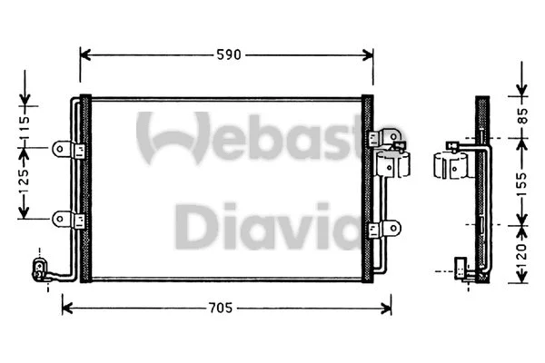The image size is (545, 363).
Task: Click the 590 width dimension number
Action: point(227,54)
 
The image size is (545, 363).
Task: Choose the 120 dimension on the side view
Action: point(521,250)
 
